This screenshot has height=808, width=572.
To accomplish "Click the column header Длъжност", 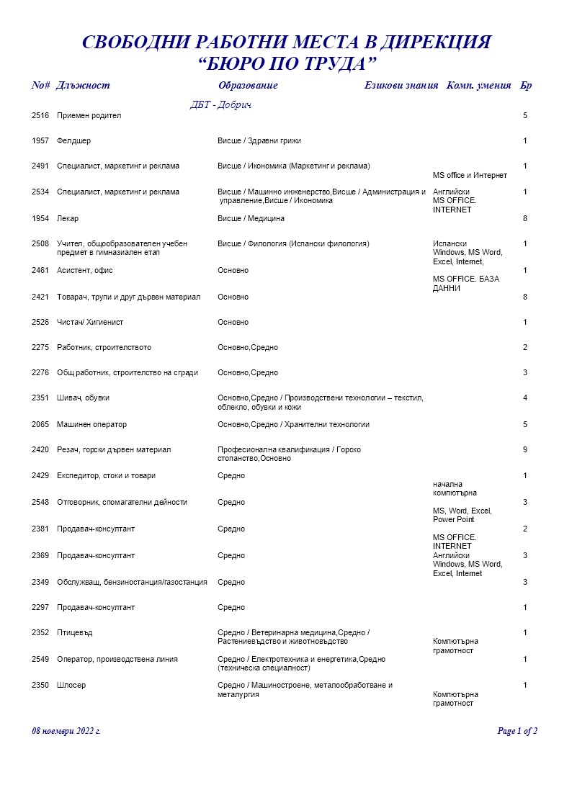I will [83, 86].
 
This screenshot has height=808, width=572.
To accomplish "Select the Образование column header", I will [247, 86].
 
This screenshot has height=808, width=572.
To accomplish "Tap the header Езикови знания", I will [401, 86].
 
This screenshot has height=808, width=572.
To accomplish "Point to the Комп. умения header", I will [479, 86].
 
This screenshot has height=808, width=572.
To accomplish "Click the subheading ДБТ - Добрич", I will [220, 105].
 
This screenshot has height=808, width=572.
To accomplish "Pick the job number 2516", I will [40, 116].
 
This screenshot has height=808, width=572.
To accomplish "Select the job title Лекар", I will [68, 218].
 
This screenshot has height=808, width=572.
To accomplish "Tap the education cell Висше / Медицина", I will [251, 218].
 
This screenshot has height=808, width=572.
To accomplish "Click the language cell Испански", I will [450, 244].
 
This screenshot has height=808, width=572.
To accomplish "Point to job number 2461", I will [40, 271].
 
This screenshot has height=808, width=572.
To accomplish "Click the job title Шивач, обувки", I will [83, 398].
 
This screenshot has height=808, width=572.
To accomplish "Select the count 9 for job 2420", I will [525, 450].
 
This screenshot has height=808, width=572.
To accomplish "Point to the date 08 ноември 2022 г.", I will [66, 731].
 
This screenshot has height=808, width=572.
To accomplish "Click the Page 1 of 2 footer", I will [517, 731].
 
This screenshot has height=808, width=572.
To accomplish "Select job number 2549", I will [40, 660].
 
